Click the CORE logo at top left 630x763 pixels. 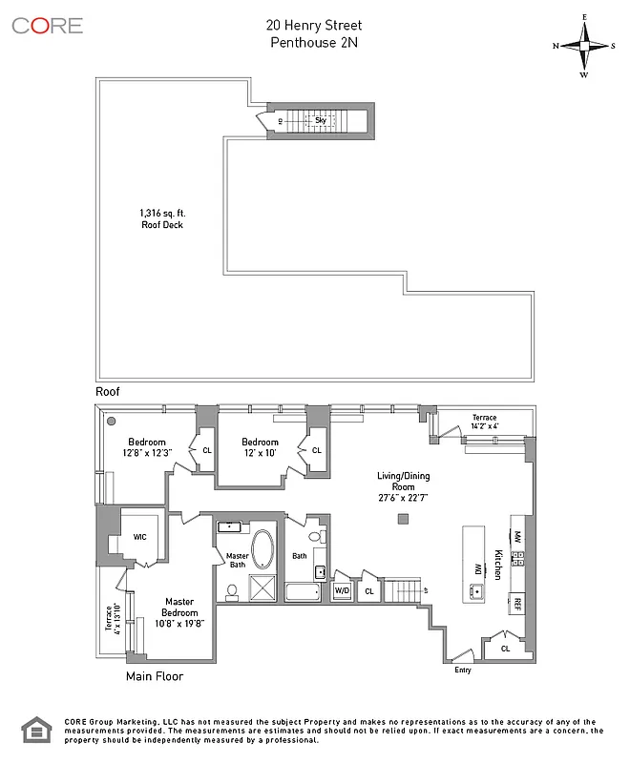(47, 26)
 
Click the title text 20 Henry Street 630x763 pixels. (315, 25)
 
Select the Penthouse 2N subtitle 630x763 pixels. (315, 42)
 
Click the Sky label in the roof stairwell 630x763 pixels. (321, 121)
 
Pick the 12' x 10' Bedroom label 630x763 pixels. (260, 447)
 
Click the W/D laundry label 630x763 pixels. (342, 591)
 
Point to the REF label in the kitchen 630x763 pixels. (516, 603)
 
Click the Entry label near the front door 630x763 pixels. (464, 670)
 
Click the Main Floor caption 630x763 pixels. (155, 676)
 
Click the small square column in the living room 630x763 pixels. (405, 519)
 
